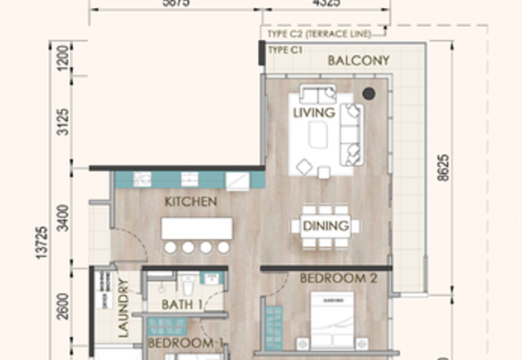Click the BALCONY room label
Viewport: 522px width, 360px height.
[x=358, y=61]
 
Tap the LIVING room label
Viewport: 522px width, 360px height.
[x=313, y=113]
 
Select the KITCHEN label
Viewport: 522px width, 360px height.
[x=191, y=202]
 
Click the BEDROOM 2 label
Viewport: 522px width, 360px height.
[x=338, y=278]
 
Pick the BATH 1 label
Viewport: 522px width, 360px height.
[x=177, y=305]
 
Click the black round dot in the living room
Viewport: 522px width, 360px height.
[x=369, y=94]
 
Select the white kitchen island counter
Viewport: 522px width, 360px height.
[x=197, y=228]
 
